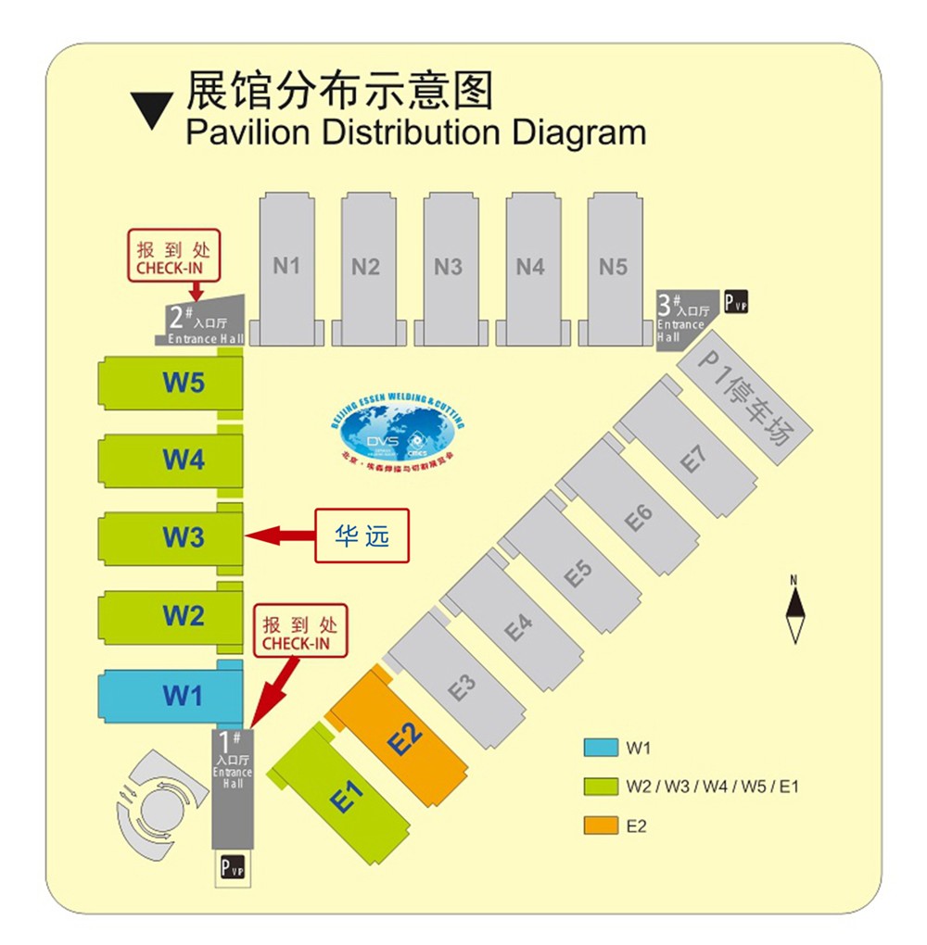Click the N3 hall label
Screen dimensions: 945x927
448,267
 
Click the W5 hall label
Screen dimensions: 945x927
184,382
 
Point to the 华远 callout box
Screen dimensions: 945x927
362,535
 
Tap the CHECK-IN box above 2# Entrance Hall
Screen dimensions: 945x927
174,256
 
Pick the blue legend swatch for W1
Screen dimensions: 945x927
601,747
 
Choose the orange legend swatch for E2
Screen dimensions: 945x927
601,825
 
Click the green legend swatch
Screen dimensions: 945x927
601,787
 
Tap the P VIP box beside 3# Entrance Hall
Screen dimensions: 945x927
736,302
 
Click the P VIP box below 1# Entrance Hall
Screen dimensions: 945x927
233,869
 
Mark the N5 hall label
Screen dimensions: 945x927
613,267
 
